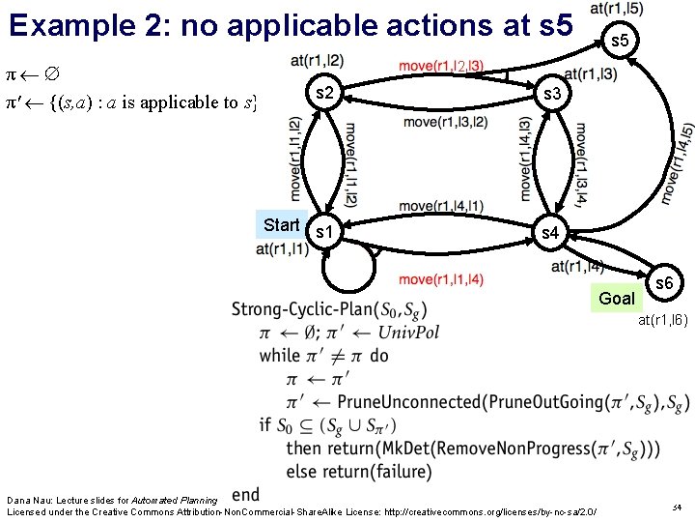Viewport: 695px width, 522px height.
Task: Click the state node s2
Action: [325, 93]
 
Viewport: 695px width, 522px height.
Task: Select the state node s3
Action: [552, 94]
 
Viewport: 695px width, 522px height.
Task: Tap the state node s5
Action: [621, 41]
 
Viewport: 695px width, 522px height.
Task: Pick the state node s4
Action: [549, 232]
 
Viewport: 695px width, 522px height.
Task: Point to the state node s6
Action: [664, 283]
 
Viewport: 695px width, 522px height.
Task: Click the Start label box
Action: [281, 225]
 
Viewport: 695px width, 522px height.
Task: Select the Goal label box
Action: [617, 298]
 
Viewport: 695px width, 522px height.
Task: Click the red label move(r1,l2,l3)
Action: [440, 67]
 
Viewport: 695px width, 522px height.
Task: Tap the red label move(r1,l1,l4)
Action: [441, 279]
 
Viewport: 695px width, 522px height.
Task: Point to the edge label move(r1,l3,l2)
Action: [445, 122]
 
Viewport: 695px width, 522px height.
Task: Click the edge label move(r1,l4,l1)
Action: [441, 206]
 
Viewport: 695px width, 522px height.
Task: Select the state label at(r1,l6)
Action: [661, 320]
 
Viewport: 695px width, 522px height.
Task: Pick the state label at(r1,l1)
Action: [283, 249]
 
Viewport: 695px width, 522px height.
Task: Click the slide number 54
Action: [676, 507]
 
